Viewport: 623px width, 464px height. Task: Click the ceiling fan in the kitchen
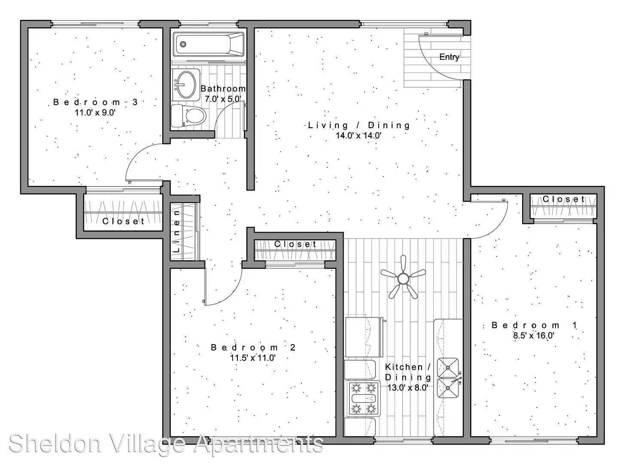[x=403, y=278]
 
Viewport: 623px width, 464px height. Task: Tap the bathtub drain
[x=183, y=44]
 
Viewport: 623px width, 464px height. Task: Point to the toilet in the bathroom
[x=188, y=116]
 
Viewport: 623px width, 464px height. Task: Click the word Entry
[x=449, y=57]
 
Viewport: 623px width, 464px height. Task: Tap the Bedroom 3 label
[x=95, y=102]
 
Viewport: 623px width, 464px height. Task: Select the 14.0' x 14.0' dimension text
[x=359, y=136]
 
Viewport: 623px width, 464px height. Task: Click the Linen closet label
[x=176, y=231]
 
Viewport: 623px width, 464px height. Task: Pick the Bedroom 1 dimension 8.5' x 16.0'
[x=533, y=336]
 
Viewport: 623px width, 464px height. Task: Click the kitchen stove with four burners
[x=364, y=398]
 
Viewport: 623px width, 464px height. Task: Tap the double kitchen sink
[x=448, y=378]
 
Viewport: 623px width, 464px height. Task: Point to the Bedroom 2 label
[x=253, y=348]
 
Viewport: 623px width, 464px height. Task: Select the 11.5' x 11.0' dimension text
[x=252, y=358]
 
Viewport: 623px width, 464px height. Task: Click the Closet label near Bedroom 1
[x=564, y=199]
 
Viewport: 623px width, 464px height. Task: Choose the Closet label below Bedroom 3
[x=123, y=221]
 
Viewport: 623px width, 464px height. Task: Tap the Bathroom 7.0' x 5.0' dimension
[x=223, y=99]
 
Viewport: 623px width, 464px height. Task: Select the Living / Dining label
[x=359, y=125]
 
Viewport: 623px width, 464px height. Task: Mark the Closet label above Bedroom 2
[x=295, y=244]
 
